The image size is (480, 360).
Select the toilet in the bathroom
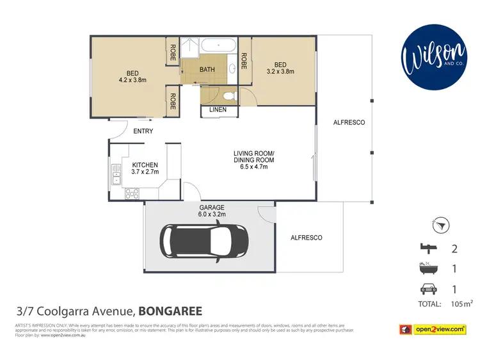pos(232,96)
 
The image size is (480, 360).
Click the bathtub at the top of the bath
pos(219,46)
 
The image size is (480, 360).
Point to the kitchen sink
pos(116,174)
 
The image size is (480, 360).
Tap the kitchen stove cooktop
pos(132,192)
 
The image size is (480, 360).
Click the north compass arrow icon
pos(442,225)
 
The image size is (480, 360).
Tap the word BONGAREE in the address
pos(171,312)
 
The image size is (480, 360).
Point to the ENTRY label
pos(143,131)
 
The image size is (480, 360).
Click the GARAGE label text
pos(212,208)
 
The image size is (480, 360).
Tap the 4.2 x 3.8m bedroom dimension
pos(133,80)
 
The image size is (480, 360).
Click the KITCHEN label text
pos(144,165)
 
